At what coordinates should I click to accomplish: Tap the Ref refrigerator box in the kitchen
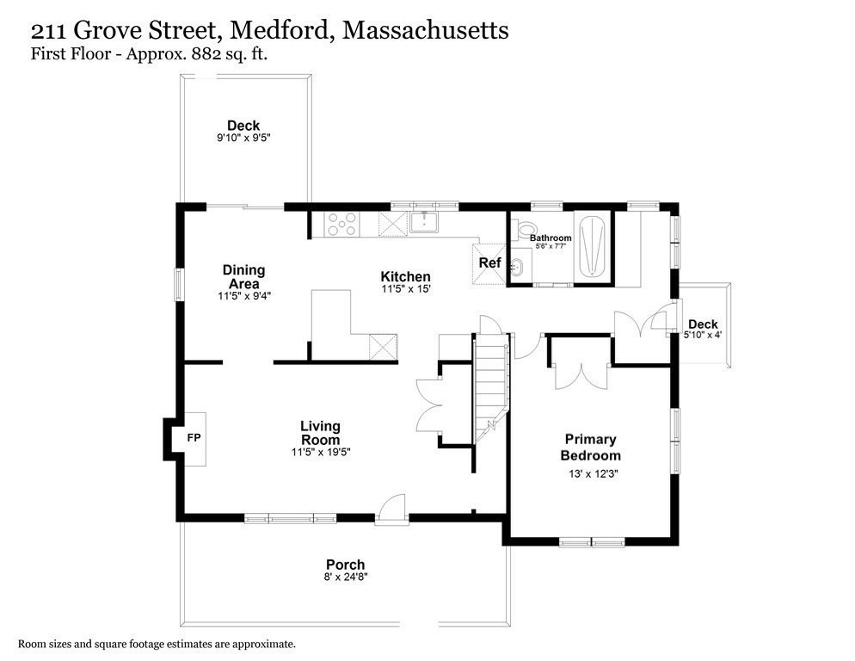tap(489, 263)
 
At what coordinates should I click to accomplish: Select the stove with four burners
tap(341, 225)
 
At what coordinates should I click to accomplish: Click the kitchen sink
tap(424, 222)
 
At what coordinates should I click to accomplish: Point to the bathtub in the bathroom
tap(594, 248)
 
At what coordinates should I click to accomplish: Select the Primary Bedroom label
tap(590, 447)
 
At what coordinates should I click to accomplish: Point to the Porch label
tap(345, 565)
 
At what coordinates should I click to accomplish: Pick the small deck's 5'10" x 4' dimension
tap(702, 335)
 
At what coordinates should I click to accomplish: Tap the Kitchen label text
tap(405, 276)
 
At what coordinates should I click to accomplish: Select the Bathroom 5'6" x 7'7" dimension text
tap(551, 247)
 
